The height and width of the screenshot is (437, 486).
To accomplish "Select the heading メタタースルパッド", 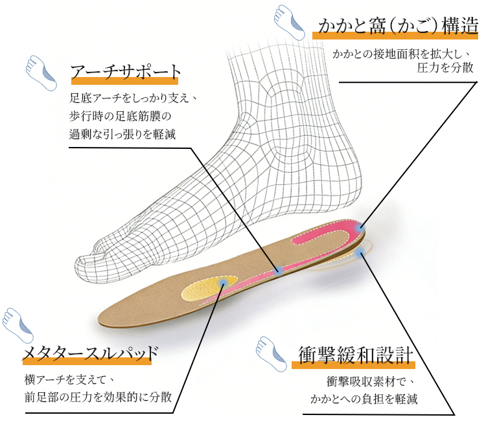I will click(90, 353).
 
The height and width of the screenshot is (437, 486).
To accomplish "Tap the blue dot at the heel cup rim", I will click(359, 228).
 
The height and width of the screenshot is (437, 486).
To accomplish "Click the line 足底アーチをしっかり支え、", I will click(132, 100).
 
